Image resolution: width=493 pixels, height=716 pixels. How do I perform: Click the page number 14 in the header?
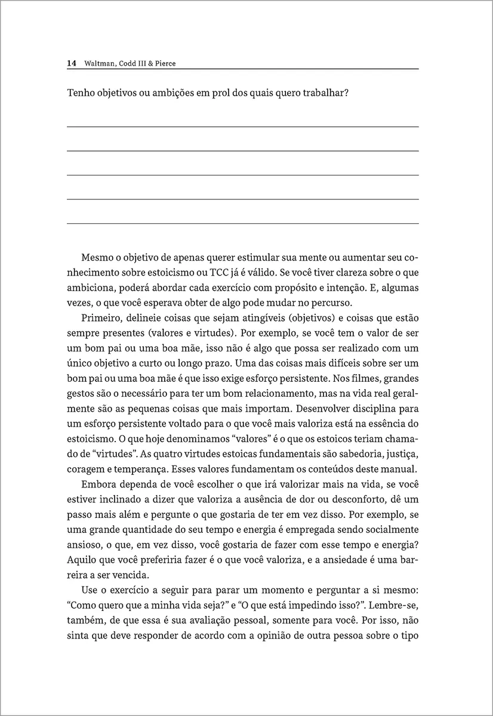click(x=71, y=63)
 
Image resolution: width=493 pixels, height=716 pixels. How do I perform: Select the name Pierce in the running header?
click(x=164, y=63)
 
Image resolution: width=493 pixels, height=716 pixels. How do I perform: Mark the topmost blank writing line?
click(x=242, y=126)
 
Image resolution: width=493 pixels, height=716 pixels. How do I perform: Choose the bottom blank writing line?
click(x=242, y=223)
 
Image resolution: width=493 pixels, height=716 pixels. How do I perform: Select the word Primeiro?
click(x=100, y=318)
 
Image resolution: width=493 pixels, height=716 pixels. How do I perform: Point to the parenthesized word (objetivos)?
click(x=304, y=318)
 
